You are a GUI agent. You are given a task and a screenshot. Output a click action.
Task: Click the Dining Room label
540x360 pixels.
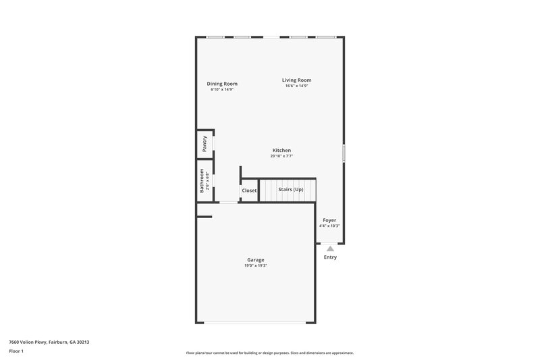tap(222, 84)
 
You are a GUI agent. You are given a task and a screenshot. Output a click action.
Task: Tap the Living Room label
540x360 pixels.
tap(297, 80)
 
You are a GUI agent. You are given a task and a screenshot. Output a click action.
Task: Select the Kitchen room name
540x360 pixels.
tap(281, 150)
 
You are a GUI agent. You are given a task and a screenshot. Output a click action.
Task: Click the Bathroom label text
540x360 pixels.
tap(201, 181)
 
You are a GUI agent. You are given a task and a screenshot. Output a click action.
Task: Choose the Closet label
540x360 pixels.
tap(249, 190)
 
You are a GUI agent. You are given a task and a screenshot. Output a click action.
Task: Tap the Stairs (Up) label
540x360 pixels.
tap(291, 189)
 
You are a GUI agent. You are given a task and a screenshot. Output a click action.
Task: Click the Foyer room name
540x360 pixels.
tap(329, 220)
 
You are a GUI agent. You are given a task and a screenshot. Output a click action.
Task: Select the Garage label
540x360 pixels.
tap(255, 260)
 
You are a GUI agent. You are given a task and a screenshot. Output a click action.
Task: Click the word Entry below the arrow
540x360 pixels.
tap(330, 257)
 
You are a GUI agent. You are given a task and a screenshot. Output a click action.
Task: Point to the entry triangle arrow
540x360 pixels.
tap(330, 249)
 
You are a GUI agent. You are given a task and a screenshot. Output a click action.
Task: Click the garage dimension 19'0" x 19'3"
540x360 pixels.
tap(256, 265)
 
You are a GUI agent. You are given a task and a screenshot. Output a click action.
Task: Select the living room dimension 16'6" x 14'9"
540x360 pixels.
tap(297, 86)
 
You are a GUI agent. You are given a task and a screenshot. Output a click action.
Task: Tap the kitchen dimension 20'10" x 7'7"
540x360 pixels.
tap(281, 156)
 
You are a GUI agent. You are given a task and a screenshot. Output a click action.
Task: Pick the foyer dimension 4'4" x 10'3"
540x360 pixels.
tap(329, 226)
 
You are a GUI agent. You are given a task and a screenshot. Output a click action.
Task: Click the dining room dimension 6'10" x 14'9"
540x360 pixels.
tap(222, 89)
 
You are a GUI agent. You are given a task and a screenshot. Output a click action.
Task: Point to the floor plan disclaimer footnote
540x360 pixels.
tap(269, 353)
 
